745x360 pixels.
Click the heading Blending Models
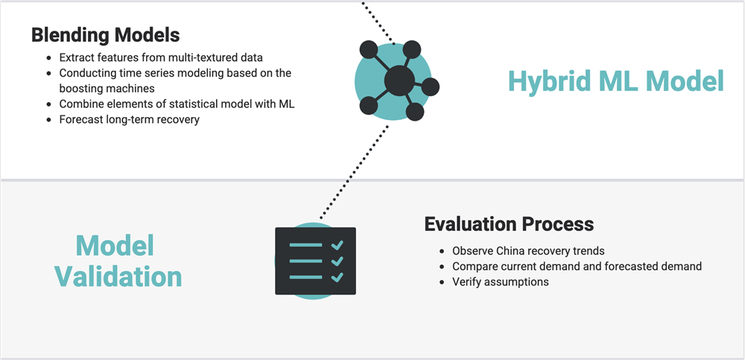(x=106, y=35)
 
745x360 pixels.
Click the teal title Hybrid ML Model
(x=616, y=80)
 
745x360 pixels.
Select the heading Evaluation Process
(x=509, y=224)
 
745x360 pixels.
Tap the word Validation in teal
(x=118, y=277)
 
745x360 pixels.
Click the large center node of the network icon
(x=399, y=80)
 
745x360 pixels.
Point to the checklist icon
(x=315, y=261)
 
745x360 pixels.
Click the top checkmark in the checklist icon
(x=337, y=245)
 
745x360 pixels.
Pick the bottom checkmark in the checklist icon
(x=337, y=277)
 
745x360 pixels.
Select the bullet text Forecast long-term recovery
(x=129, y=119)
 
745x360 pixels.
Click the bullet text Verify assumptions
(x=501, y=282)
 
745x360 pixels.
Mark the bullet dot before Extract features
(x=49, y=57)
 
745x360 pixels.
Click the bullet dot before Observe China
(x=443, y=250)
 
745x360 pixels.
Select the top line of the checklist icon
(x=306, y=245)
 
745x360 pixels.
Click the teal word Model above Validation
(x=115, y=247)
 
